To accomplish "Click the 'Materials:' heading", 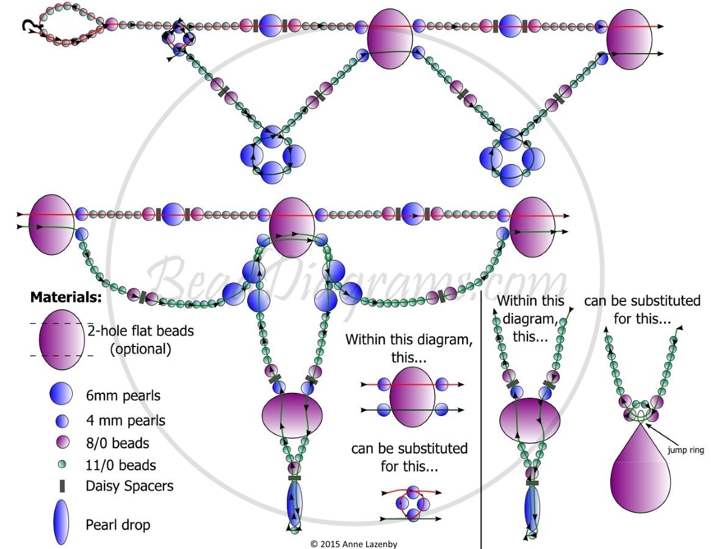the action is coord(66,298).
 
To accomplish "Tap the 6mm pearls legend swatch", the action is coord(61,393).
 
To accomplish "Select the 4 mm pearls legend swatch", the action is coord(62,421).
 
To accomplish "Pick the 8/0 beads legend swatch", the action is coord(62,442).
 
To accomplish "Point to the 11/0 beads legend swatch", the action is coord(62,464).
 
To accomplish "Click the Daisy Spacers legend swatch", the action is coord(62,486).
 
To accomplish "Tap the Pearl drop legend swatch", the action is coord(61,522).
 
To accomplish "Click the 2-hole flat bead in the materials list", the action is coord(62,340).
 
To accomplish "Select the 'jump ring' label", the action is coord(685,450).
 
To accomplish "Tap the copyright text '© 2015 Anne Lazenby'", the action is coord(354,544).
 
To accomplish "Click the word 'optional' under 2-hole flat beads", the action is coord(140,349).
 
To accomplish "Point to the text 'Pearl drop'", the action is coord(118,525).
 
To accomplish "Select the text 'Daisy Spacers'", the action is coord(129,486).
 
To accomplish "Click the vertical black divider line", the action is coord(481,419).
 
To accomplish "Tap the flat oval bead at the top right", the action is coord(629,40).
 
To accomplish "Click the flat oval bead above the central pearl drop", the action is coord(292,415).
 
